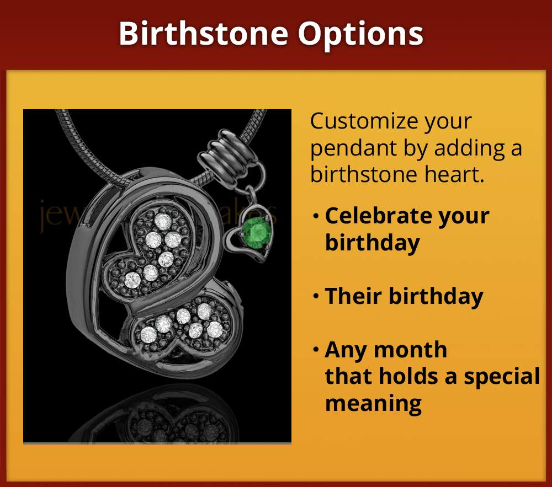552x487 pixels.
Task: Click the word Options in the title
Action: (361, 34)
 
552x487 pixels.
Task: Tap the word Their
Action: (353, 296)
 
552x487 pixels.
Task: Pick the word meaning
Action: (373, 403)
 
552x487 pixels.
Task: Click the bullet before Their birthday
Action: (316, 297)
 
